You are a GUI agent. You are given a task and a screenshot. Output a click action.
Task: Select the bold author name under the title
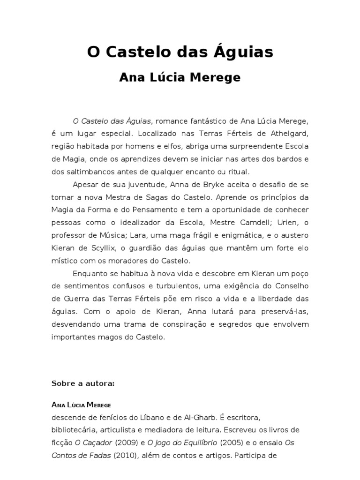(x=180, y=77)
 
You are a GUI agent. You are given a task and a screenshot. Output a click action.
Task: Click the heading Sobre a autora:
(x=83, y=383)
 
